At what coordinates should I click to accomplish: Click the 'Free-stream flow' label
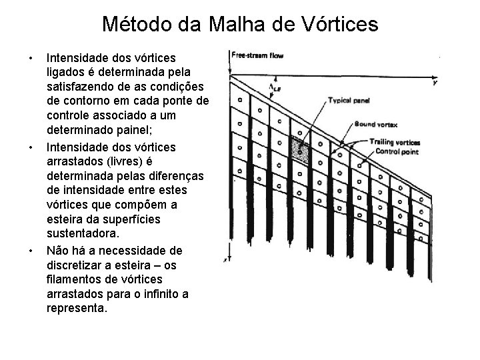coord(257,55)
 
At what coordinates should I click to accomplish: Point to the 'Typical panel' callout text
coord(349,100)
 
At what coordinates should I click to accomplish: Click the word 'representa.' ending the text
coord(77,309)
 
